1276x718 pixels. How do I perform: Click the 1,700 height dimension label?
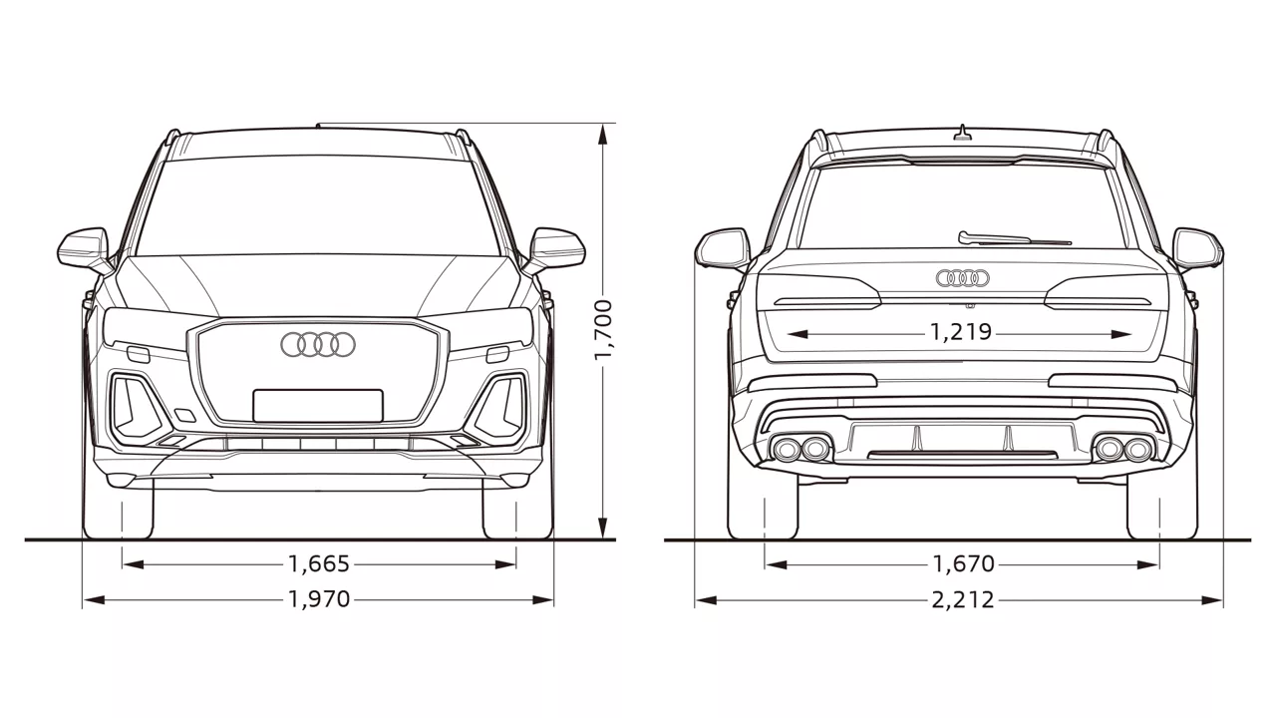click(x=603, y=330)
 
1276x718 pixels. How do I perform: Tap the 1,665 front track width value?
click(x=318, y=564)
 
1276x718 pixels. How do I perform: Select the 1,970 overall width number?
click(x=319, y=599)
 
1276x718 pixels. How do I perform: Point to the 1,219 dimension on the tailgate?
click(x=961, y=332)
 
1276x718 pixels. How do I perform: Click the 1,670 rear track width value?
click(x=963, y=564)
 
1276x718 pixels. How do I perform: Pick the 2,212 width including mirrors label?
click(x=963, y=600)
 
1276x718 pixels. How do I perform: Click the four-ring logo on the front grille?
click(x=318, y=345)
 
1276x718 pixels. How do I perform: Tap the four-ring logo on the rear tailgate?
click(x=963, y=278)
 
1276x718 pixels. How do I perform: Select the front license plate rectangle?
click(x=318, y=406)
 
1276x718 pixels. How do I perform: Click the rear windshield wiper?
click(x=1014, y=238)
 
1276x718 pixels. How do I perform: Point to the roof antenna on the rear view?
click(x=963, y=133)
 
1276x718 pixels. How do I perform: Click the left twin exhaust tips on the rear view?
click(x=800, y=449)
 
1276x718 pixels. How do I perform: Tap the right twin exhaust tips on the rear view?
click(x=1123, y=449)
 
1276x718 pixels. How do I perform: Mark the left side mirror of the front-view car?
click(x=84, y=249)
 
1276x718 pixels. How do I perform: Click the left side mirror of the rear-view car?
click(x=723, y=249)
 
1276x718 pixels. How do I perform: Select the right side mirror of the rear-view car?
click(x=1198, y=249)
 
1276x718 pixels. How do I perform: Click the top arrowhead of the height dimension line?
click(x=603, y=135)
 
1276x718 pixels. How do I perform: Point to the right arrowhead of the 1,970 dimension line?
click(x=542, y=599)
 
